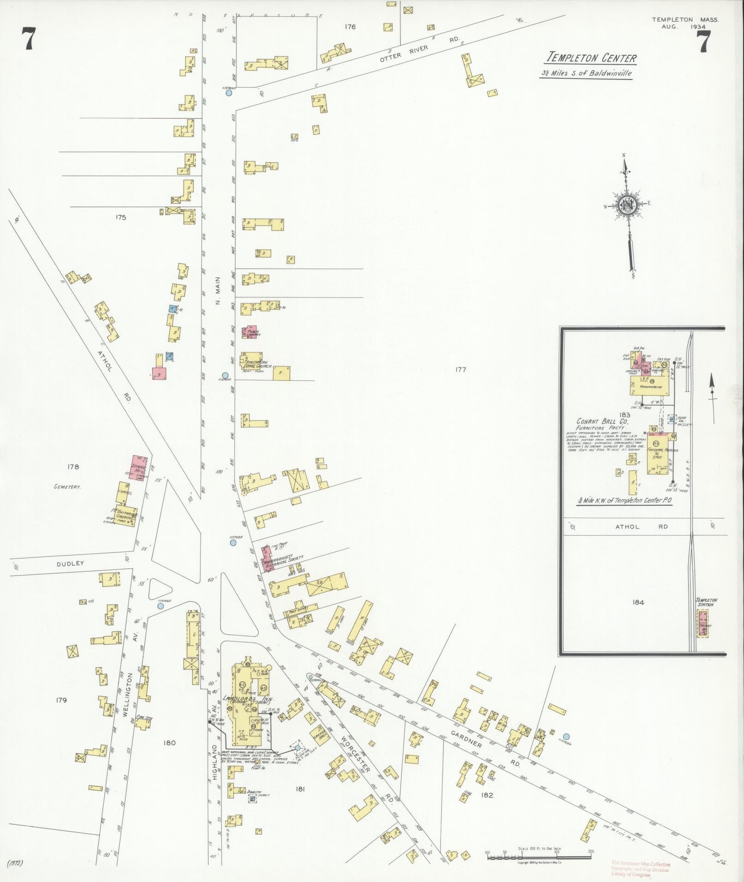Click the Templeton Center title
pyautogui.click(x=591, y=58)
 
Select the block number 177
pyautogui.click(x=460, y=369)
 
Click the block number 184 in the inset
pyautogui.click(x=638, y=602)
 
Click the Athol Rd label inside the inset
pyautogui.click(x=640, y=527)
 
